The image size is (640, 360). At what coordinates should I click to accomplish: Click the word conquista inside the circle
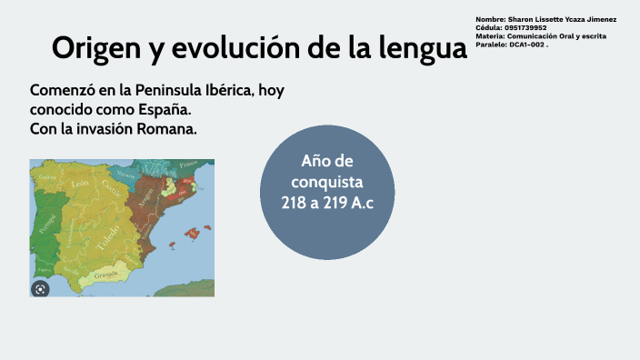(x=327, y=181)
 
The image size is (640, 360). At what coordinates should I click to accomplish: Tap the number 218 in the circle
(x=295, y=202)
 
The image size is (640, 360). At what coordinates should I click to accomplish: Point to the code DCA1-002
(x=525, y=44)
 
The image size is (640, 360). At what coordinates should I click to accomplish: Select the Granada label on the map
(x=106, y=273)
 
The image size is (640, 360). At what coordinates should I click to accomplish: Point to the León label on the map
(x=80, y=184)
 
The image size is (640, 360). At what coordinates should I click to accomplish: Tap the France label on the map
(x=188, y=165)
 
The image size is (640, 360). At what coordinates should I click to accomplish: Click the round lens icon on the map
(x=40, y=288)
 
